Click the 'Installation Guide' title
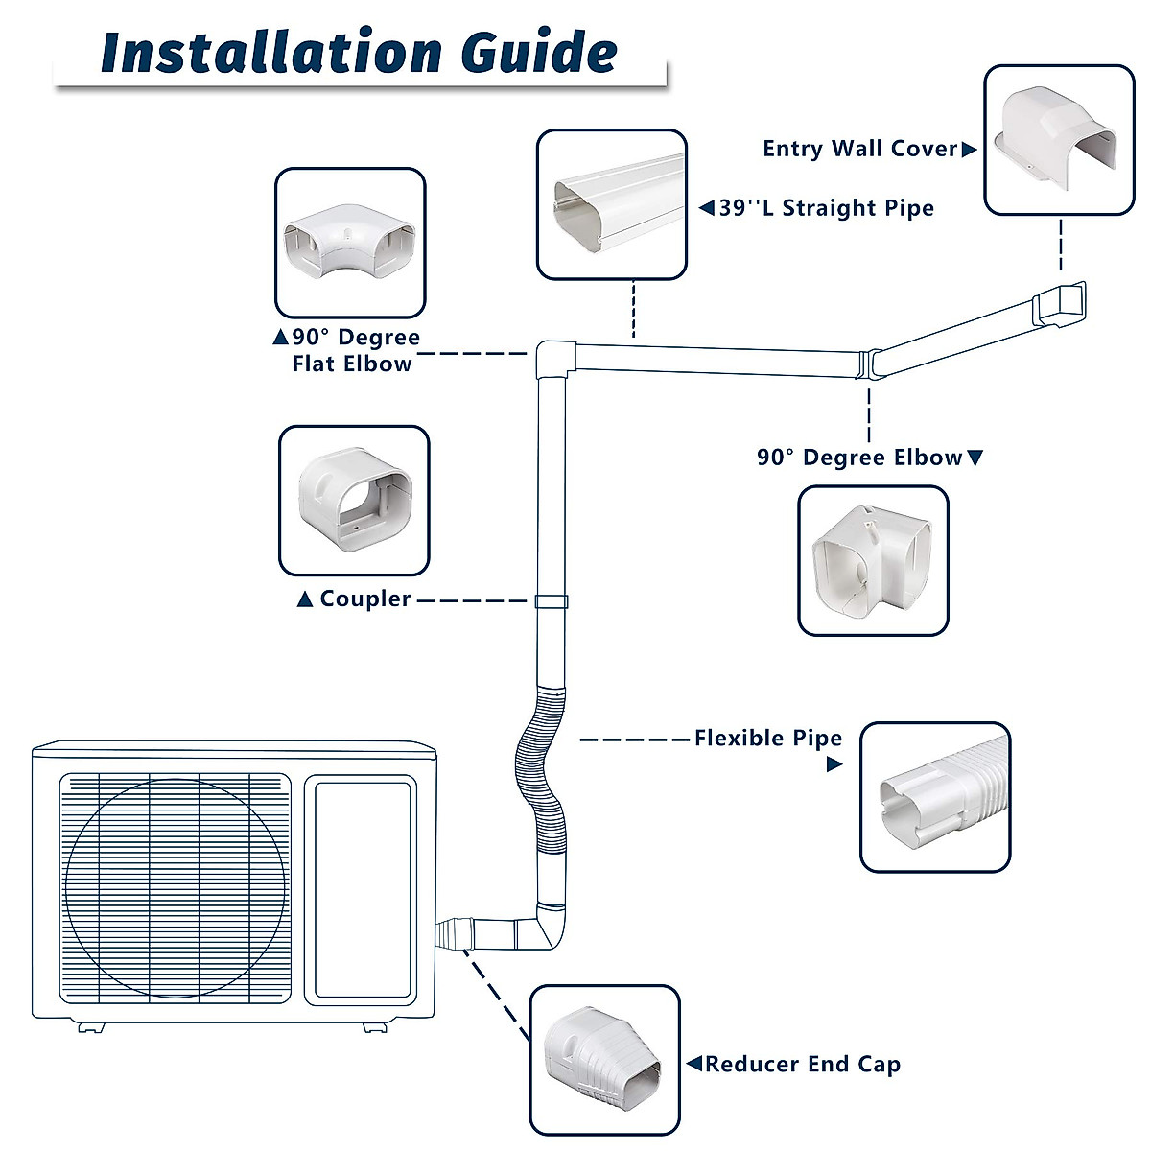coord(359,52)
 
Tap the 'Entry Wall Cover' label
coord(859,149)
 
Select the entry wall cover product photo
coord(1059,140)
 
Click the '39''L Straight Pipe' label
coord(825,208)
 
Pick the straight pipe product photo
coord(612,205)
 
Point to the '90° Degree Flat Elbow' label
coord(354,351)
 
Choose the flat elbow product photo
coord(350,244)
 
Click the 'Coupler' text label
coord(364,599)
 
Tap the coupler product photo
coord(354,501)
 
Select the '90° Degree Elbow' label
coord(858,458)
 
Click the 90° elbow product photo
coord(873,561)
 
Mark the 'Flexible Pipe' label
coord(767,738)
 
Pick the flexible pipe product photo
coord(935,797)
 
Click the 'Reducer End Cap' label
coord(802,1065)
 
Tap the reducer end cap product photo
coord(604,1060)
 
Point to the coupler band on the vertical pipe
coord(550,602)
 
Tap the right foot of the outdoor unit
coord(374,1026)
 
